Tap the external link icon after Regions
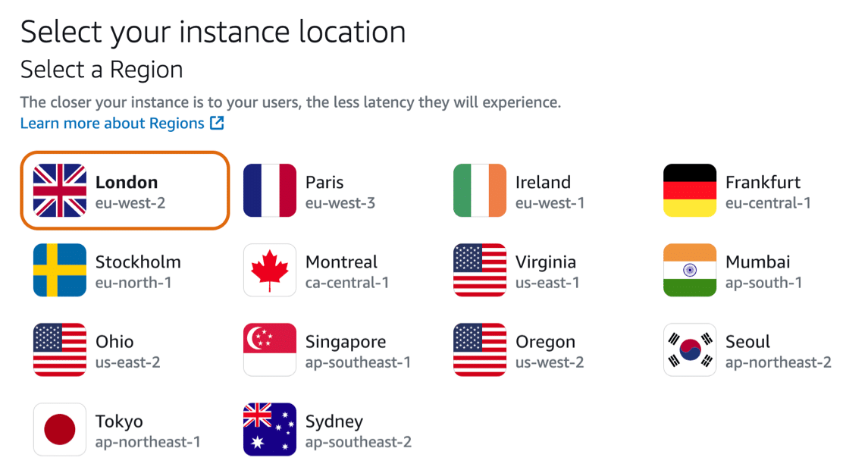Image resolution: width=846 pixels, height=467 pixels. coord(217,123)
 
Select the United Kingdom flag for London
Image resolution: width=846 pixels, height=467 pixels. coord(60,190)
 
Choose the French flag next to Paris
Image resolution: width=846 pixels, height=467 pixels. coord(270,190)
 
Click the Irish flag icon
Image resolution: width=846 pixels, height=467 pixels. coord(480,190)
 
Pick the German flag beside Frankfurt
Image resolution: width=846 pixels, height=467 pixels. coord(690,190)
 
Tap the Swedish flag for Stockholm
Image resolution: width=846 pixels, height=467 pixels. coord(60,270)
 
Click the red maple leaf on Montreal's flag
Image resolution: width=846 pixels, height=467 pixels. coord(270,269)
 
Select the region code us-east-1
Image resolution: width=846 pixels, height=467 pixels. coord(547,282)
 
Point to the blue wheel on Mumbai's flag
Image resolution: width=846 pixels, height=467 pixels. coord(690,270)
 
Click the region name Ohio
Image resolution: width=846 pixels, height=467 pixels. coord(114,342)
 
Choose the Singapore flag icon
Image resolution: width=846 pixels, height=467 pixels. coord(270,349)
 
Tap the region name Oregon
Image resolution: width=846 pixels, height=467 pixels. coord(545,342)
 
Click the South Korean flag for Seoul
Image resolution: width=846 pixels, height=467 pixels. coord(690,349)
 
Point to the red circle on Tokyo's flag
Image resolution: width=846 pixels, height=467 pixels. coord(60,429)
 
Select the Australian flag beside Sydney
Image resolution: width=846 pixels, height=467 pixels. coord(270,429)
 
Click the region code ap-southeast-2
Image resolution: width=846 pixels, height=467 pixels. coord(359,442)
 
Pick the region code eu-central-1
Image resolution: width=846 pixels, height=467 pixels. coord(768,203)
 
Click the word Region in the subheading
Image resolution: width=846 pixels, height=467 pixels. coord(146,71)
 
